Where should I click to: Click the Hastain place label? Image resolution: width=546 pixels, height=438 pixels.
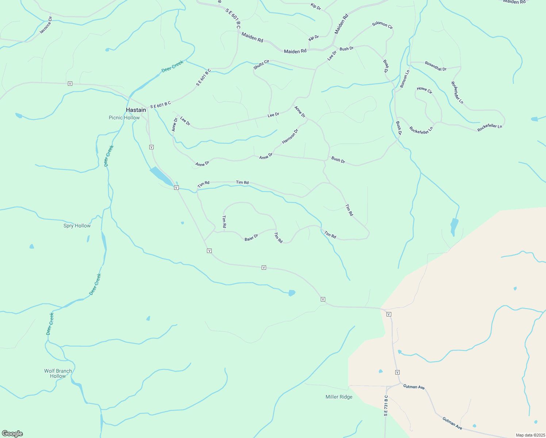(136, 110)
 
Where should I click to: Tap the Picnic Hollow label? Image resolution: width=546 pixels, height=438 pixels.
(124, 118)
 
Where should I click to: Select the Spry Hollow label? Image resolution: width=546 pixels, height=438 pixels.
(77, 226)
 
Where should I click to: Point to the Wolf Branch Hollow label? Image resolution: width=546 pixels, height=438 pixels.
(58, 373)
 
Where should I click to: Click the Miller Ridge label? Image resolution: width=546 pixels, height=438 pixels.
(339, 397)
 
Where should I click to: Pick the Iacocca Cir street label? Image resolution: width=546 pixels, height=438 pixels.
(46, 25)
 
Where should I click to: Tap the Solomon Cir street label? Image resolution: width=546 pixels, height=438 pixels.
(382, 25)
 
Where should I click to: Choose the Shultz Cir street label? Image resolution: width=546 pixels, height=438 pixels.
(261, 65)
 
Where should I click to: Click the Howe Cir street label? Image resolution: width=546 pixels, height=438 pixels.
(424, 90)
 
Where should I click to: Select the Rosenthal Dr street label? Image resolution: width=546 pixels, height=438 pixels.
(435, 66)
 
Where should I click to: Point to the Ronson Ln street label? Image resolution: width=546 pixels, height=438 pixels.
(405, 79)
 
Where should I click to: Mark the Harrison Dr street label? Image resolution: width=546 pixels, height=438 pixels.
(290, 136)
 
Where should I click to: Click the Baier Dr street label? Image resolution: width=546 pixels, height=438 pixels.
(251, 237)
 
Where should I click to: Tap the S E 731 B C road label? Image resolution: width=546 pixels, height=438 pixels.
(386, 406)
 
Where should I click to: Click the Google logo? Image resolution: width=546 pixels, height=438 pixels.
(12, 434)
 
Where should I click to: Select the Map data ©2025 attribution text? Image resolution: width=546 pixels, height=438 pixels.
(530, 435)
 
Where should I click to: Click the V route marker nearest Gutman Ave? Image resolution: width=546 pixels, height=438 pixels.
(397, 372)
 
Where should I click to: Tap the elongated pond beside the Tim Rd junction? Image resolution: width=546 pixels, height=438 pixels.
(161, 176)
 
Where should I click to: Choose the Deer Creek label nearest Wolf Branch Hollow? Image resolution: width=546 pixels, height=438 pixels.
(50, 324)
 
